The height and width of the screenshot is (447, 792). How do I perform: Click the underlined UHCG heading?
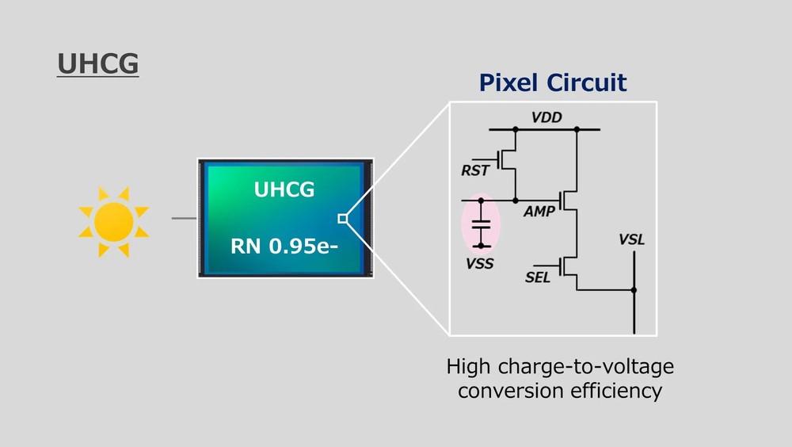(97, 64)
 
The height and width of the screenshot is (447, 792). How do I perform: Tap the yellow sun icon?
(113, 221)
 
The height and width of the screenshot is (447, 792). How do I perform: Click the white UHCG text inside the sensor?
(284, 189)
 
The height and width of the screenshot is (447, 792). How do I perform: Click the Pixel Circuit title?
(552, 82)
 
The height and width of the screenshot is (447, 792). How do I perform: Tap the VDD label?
(546, 117)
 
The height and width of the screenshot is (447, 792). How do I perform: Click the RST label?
(475, 170)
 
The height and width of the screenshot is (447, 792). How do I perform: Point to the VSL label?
(631, 240)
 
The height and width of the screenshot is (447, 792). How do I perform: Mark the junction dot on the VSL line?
(634, 290)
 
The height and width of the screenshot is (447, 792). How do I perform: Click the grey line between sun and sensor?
(184, 218)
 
